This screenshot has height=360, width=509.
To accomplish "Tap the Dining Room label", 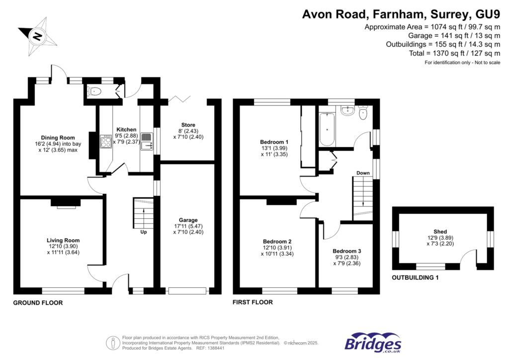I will click(x=58, y=138).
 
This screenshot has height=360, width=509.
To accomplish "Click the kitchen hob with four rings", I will click(x=106, y=142).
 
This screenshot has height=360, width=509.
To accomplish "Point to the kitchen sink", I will click(x=146, y=146).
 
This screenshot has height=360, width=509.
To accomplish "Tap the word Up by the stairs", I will click(x=144, y=232).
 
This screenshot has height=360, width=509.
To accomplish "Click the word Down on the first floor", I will click(x=362, y=173).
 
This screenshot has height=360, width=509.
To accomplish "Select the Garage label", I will click(x=188, y=220).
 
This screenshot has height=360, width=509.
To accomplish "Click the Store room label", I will click(x=188, y=125).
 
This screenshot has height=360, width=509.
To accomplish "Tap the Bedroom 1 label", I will click(x=270, y=142).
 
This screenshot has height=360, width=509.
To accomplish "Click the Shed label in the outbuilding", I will click(x=440, y=232).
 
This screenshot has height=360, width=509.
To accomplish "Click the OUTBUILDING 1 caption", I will click(x=415, y=278).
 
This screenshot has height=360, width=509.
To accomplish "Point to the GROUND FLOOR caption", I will click(x=38, y=303).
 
